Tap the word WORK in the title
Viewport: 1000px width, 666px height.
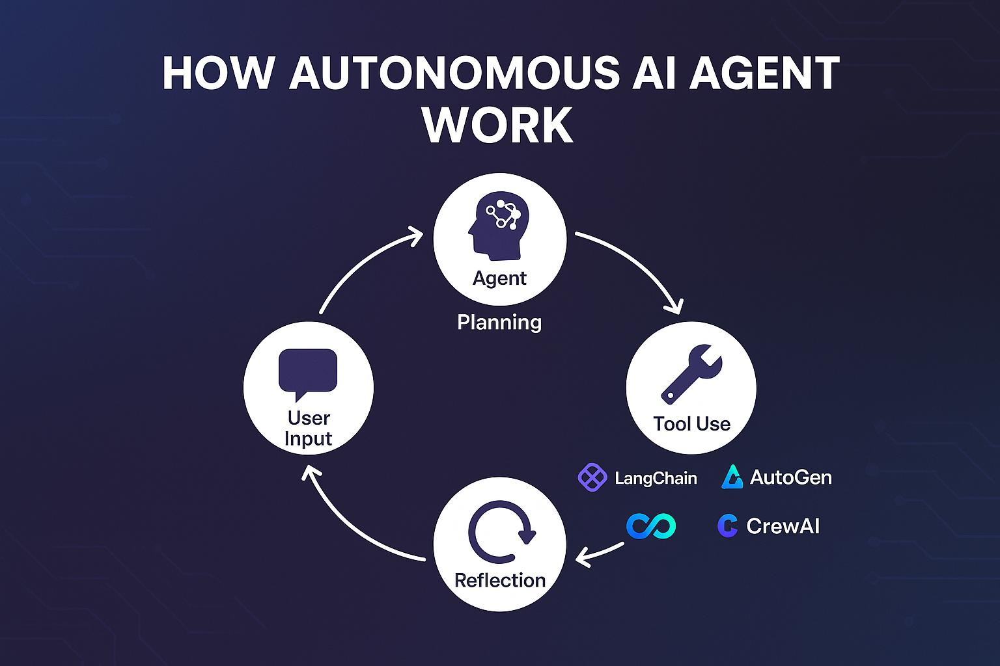click(x=499, y=125)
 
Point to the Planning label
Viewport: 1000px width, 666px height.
click(x=499, y=322)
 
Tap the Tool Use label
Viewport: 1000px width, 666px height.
click(x=691, y=424)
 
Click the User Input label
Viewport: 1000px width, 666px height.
click(x=309, y=428)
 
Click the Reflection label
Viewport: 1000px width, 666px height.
click(x=500, y=580)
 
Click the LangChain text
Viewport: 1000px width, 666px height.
click(x=656, y=479)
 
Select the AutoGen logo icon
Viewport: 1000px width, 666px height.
click(x=732, y=477)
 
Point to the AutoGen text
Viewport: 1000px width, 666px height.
click(x=790, y=477)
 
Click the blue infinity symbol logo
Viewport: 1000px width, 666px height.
click(x=651, y=526)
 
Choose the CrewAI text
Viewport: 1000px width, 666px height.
click(x=783, y=526)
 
